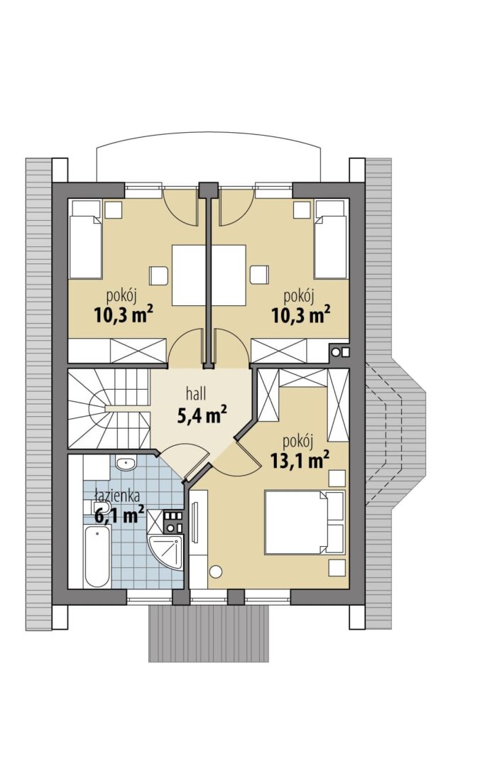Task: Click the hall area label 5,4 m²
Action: (x=202, y=415)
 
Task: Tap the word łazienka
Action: (x=117, y=496)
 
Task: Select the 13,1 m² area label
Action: (x=299, y=459)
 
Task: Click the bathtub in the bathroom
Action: (x=97, y=556)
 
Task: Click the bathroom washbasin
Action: (x=126, y=463)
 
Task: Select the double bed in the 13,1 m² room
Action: (x=305, y=522)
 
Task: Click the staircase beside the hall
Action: (x=109, y=408)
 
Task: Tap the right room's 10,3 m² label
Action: (x=301, y=315)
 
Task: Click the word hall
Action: (x=196, y=393)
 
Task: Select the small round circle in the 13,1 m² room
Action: (x=215, y=571)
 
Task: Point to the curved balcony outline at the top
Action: (x=209, y=133)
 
